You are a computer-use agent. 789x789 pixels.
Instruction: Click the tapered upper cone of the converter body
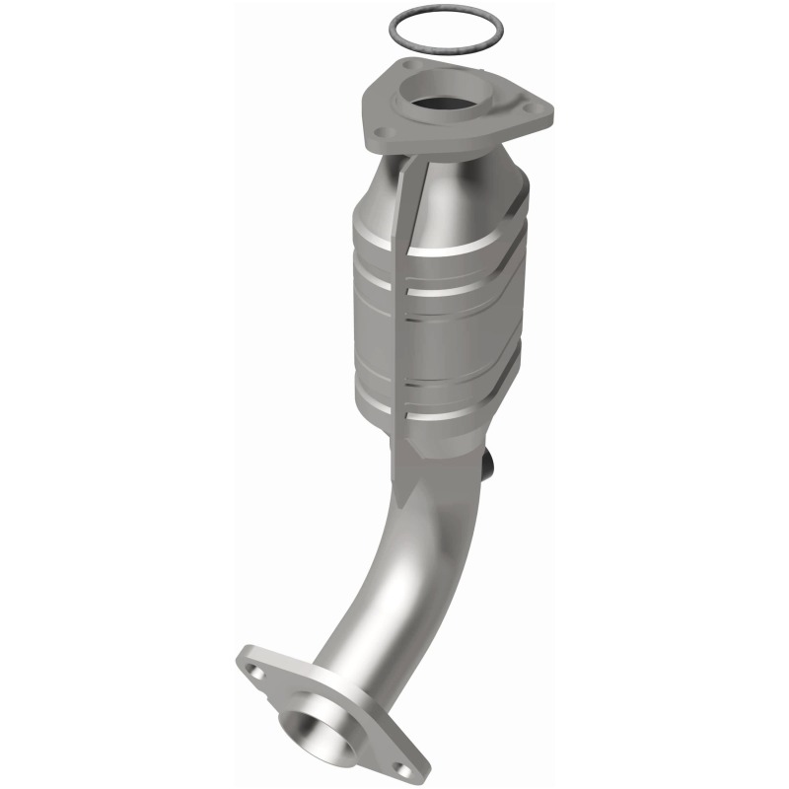(464, 192)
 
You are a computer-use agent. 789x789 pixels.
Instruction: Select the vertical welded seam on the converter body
(404, 296)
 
